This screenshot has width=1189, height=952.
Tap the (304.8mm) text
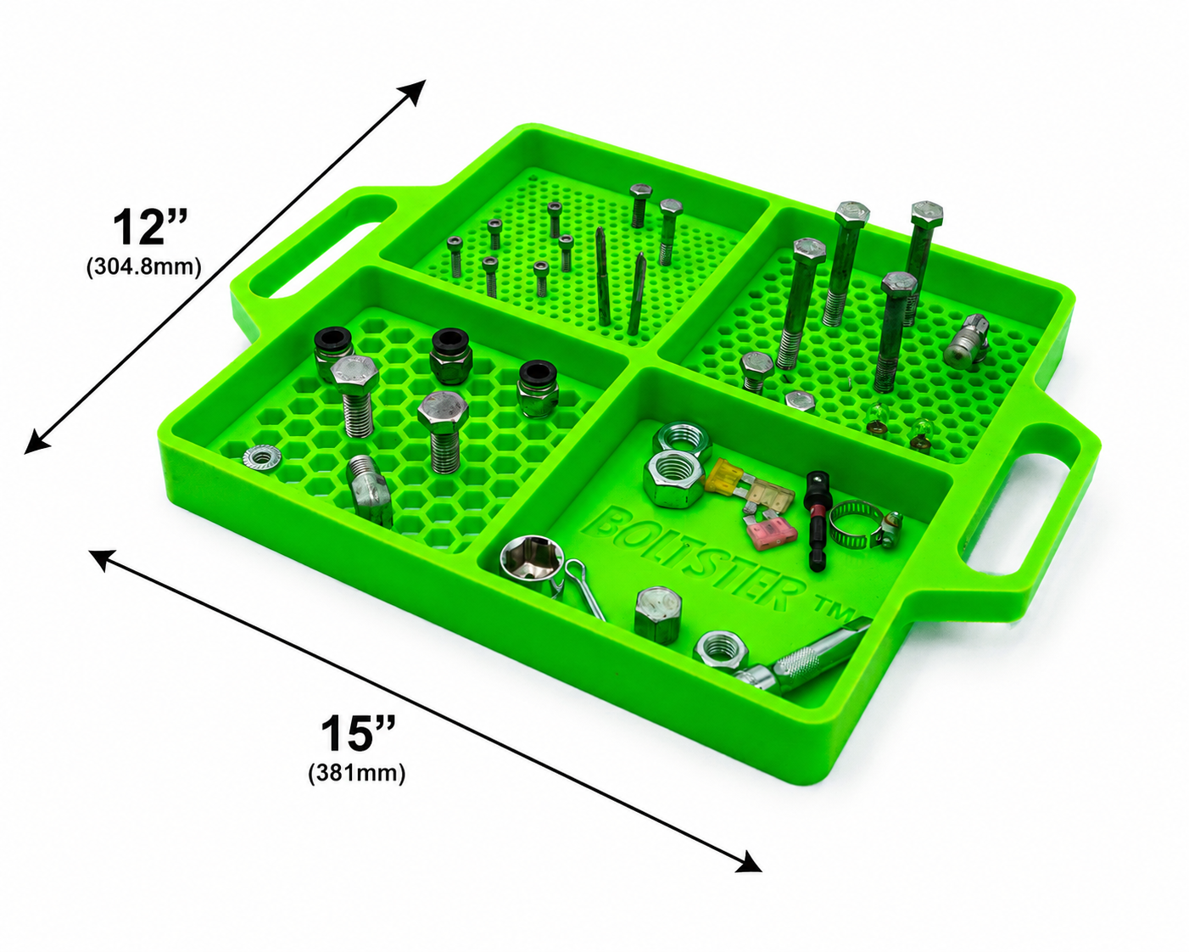143,267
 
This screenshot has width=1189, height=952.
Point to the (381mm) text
356,773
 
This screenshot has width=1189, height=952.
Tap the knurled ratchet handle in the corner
801,658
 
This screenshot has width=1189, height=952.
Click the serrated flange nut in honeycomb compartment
262,457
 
